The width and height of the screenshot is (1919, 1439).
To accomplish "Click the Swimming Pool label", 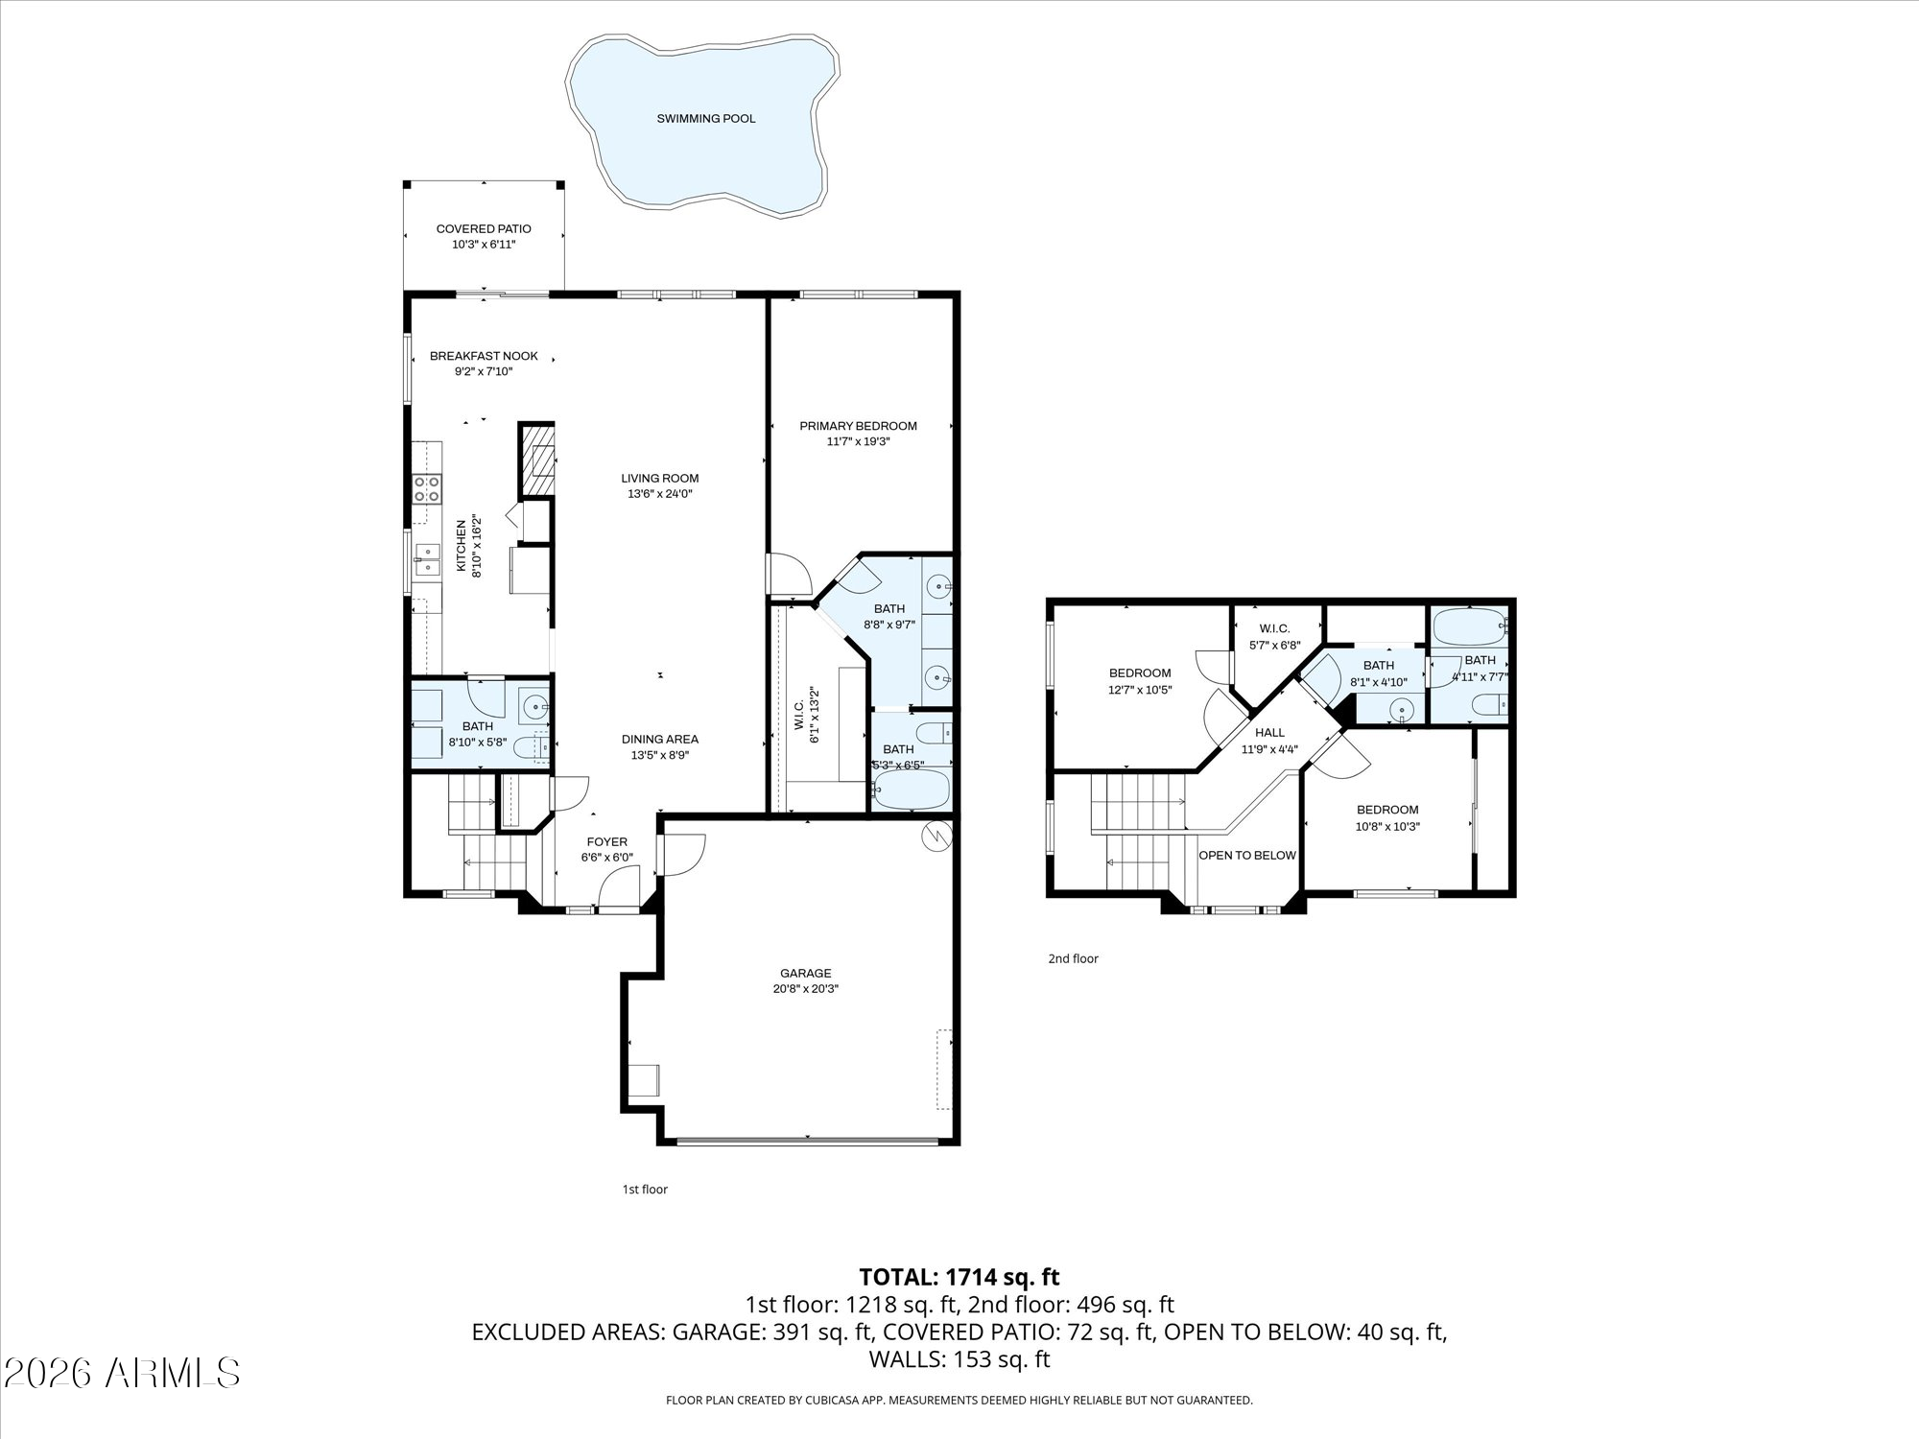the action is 706,119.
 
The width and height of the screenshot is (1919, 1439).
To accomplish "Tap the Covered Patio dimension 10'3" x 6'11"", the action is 484,245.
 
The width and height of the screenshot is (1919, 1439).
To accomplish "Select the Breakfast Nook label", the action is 484,356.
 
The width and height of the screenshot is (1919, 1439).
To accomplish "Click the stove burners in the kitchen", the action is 427,489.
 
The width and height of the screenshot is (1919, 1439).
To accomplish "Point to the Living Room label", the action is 660,478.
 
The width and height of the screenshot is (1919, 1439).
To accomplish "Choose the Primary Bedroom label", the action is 859,426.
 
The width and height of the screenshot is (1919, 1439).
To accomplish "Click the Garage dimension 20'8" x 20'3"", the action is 806,989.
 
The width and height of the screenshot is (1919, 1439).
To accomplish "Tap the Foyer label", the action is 607,842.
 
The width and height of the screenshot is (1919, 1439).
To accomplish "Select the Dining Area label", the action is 660,739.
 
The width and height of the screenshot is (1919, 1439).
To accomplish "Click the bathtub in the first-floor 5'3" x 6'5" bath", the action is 912,790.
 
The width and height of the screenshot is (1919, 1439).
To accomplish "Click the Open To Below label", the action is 1247,855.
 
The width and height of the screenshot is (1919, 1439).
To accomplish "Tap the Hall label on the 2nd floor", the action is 1269,733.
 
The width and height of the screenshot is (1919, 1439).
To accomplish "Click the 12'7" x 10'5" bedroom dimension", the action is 1140,689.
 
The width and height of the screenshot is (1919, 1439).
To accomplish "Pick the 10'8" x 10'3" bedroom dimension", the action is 1387,826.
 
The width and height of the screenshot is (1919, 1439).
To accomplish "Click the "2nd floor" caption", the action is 1073,958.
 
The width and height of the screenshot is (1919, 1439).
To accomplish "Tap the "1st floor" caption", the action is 645,1190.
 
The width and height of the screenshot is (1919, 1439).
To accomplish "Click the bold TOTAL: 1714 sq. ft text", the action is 959,1277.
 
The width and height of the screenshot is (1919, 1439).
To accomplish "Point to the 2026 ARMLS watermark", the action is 121,1373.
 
